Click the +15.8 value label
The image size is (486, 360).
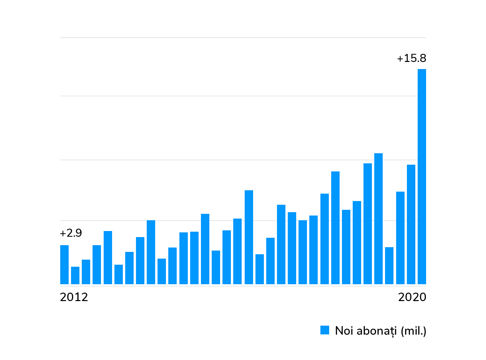tap(411, 58)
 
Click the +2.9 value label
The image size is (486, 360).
tap(71, 233)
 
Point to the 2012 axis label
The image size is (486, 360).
tap(74, 297)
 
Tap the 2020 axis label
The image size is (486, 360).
tap(412, 297)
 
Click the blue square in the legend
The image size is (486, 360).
tap(324, 330)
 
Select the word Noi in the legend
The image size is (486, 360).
tap(344, 331)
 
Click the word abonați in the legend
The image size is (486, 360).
tap(377, 331)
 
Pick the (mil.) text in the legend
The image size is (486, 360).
tap(414, 331)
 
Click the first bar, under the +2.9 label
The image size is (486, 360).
tap(64, 265)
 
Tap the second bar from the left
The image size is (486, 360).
tap(75, 275)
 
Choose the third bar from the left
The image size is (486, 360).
tap(86, 272)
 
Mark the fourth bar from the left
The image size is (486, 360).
tap(97, 265)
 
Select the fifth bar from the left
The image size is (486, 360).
tap(108, 258)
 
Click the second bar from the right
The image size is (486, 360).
tap(411, 224)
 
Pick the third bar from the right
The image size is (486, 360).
tap(400, 238)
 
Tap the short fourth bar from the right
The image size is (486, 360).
tap(389, 266)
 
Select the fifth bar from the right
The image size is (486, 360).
tap(378, 219)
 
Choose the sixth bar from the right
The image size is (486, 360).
tap(368, 224)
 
